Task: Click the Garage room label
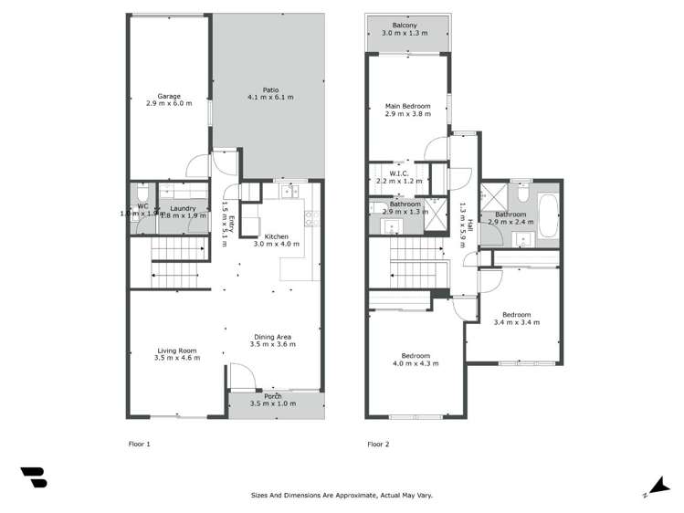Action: [168, 96]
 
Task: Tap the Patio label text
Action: [269, 89]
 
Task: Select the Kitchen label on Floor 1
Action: [276, 236]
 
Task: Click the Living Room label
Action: [177, 351]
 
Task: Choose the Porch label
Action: [273, 396]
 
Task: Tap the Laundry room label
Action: [184, 209]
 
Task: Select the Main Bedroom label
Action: [407, 106]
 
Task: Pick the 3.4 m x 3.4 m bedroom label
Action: [511, 315]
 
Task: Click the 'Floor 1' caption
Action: [139, 445]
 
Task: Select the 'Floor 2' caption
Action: [378, 445]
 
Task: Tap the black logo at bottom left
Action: [33, 477]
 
